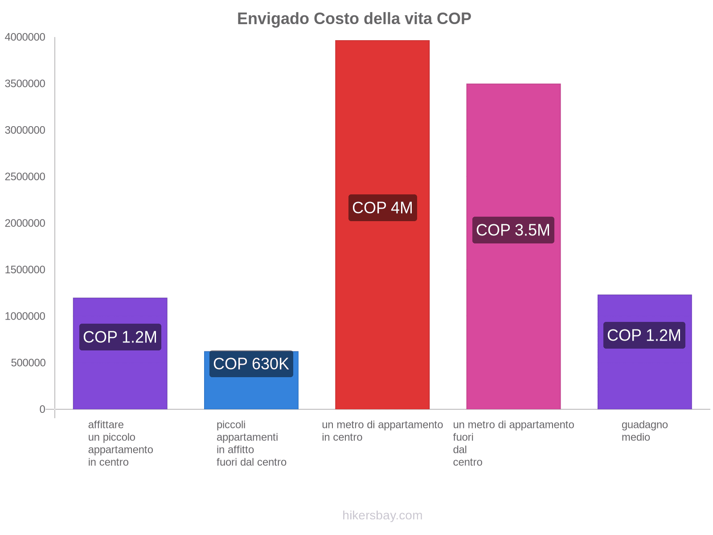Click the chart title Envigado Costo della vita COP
click(354, 19)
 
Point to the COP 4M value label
click(382, 208)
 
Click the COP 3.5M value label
click(513, 230)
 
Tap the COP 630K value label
click(251, 364)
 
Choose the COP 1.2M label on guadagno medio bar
click(644, 335)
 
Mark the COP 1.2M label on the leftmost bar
click(120, 337)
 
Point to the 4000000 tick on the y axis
click(25, 37)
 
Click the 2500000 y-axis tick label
click(25, 177)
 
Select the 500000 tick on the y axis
click(28, 362)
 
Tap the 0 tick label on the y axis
click(42, 409)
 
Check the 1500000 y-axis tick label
click(25, 270)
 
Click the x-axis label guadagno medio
click(644, 431)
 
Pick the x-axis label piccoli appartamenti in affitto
click(251, 443)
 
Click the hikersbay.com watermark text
click(382, 515)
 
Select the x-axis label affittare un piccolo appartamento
click(120, 443)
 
